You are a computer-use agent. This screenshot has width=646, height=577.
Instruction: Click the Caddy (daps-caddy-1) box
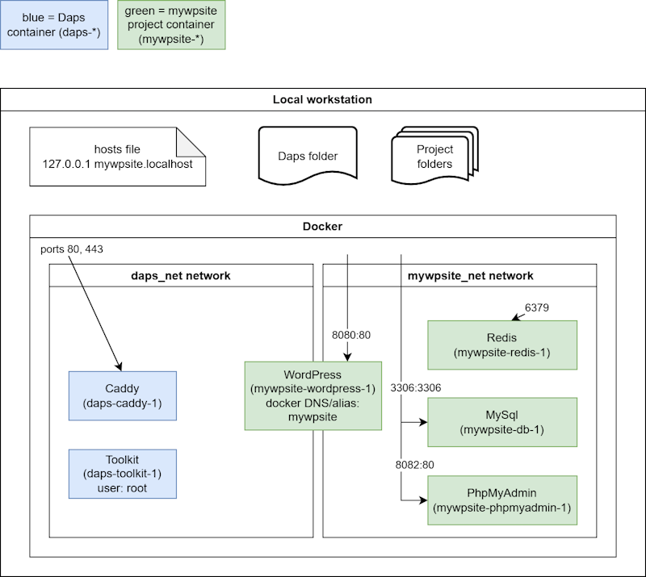tap(123, 395)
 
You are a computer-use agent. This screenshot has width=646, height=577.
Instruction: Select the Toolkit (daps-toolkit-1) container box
tap(123, 474)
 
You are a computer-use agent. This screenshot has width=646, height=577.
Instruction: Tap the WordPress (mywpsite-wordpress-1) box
tap(313, 395)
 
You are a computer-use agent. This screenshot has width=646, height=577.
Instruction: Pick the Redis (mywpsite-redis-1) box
tap(502, 345)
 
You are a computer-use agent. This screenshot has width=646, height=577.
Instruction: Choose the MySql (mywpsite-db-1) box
tap(502, 422)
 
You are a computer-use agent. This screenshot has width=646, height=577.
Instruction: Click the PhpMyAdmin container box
tap(502, 500)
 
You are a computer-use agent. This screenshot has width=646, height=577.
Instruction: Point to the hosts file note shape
tap(117, 157)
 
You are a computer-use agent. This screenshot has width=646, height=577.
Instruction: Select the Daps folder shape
tap(308, 156)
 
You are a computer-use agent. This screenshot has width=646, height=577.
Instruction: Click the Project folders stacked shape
tap(434, 156)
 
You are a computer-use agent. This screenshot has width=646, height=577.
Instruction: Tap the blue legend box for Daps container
tap(54, 25)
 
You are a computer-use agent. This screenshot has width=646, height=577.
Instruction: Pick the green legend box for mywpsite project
tap(171, 25)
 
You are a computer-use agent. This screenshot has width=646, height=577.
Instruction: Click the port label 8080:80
tap(351, 335)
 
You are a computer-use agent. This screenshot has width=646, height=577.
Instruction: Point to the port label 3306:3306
tap(416, 387)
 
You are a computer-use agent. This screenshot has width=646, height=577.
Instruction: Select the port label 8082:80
tap(414, 465)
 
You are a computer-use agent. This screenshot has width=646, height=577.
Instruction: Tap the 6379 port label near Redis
tap(537, 307)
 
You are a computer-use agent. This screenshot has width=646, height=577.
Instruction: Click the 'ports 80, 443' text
tap(72, 249)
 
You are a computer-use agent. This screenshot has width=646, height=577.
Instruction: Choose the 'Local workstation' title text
tap(322, 99)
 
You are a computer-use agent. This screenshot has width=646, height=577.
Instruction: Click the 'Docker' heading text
tap(322, 226)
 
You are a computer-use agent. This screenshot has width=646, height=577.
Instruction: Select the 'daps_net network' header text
tap(181, 275)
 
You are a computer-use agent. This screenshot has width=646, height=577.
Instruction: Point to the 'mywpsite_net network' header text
tap(471, 275)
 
